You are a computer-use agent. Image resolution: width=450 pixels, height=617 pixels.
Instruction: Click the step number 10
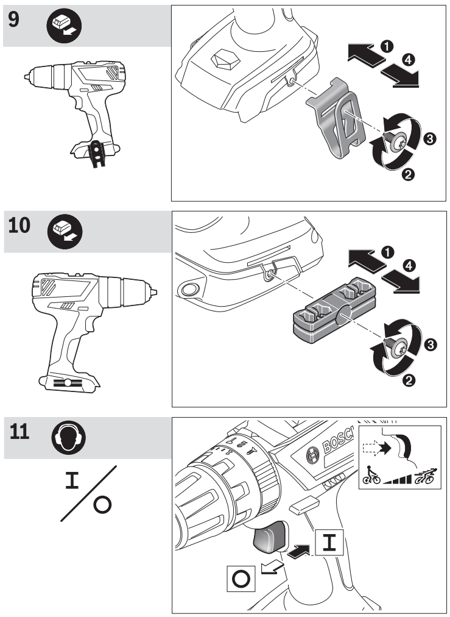21,225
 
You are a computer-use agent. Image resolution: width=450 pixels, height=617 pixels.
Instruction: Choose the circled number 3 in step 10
429,346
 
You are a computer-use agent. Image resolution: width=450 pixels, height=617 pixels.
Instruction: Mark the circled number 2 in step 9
407,175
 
